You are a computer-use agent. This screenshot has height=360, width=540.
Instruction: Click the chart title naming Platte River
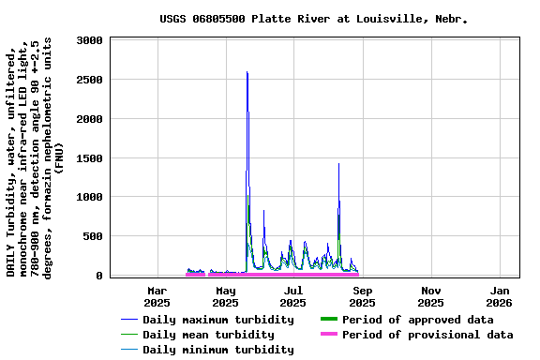click(x=313, y=19)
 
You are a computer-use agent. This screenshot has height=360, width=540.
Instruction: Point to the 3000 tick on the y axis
click(x=90, y=40)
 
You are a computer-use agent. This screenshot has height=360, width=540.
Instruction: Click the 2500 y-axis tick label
click(x=90, y=80)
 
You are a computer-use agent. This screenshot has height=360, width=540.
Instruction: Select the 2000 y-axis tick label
click(x=90, y=119)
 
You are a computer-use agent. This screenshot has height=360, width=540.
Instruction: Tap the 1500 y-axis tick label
click(x=90, y=158)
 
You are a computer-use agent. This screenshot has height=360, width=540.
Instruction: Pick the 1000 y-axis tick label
click(x=90, y=197)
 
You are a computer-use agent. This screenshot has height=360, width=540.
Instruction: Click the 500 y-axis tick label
click(x=94, y=236)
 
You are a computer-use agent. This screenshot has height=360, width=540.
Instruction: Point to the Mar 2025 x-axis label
click(x=157, y=296)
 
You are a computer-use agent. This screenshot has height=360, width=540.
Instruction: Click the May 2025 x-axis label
click(x=225, y=296)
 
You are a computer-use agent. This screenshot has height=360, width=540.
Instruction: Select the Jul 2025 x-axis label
click(x=293, y=296)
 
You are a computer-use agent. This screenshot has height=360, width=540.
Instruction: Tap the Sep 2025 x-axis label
click(x=363, y=296)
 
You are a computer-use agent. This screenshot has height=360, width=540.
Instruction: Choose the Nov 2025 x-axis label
click(x=431, y=296)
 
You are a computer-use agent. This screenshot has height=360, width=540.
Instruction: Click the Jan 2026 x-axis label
click(x=500, y=296)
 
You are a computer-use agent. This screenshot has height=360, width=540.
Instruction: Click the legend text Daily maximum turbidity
click(x=217, y=320)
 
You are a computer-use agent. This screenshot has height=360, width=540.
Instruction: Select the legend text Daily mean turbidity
click(x=208, y=335)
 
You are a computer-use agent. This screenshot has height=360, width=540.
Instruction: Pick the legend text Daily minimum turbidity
click(x=217, y=350)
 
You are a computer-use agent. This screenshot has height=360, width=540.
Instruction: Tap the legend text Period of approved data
click(x=417, y=320)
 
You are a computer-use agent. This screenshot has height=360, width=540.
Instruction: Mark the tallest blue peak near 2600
click(x=247, y=72)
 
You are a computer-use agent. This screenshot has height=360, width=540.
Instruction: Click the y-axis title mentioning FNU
click(x=34, y=157)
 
